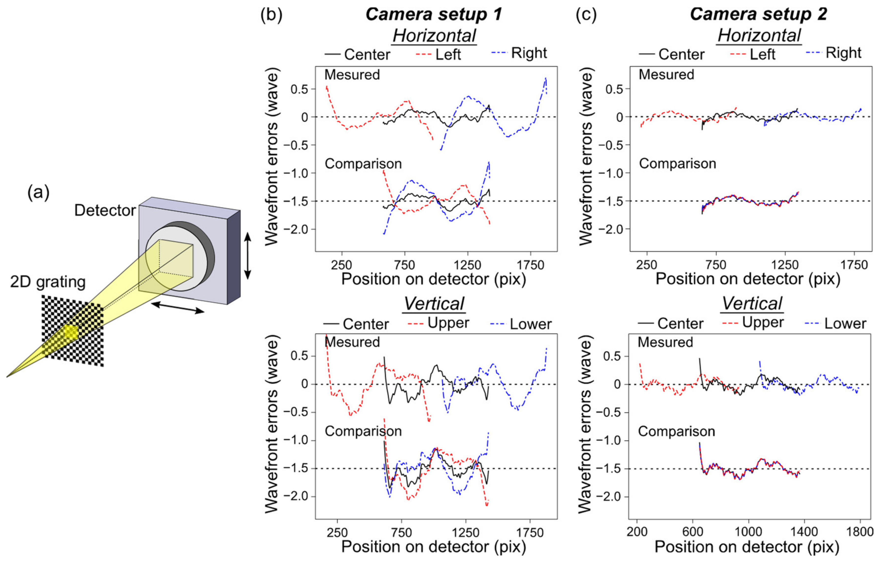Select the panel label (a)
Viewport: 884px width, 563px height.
pos(38,192)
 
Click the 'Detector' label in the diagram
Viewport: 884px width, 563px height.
pos(105,211)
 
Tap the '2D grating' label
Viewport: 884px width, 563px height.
pos(48,282)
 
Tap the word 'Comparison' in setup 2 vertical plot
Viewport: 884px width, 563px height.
pos(676,431)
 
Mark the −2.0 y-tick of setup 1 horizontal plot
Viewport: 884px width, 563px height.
pos(300,229)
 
